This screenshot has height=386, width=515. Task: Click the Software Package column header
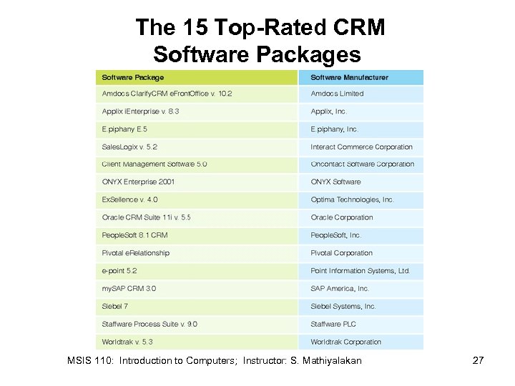[133, 77]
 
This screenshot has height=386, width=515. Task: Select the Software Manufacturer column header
[349, 77]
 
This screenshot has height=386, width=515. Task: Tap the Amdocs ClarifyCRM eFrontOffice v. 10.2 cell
[167, 94]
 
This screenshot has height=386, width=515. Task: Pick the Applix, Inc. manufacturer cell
[329, 112]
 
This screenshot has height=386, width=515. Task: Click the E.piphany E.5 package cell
[124, 129]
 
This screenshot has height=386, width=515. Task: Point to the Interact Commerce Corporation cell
[361, 147]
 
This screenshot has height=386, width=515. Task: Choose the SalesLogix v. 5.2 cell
[129, 147]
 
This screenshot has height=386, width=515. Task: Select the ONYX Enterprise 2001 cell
[138, 182]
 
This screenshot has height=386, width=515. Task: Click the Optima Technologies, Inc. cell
[352, 200]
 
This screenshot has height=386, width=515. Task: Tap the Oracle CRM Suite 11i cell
[146, 217]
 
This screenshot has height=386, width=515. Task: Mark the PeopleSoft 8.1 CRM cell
[134, 235]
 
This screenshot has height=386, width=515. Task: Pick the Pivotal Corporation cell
[341, 253]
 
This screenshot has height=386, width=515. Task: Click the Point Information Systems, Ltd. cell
[360, 271]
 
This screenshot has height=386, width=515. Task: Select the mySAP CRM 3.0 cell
[129, 289]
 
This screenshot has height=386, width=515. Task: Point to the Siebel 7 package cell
[115, 307]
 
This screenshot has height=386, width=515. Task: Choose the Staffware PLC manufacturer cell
[333, 325]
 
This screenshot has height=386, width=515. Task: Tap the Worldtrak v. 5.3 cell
[127, 342]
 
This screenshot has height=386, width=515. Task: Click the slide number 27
[479, 360]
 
